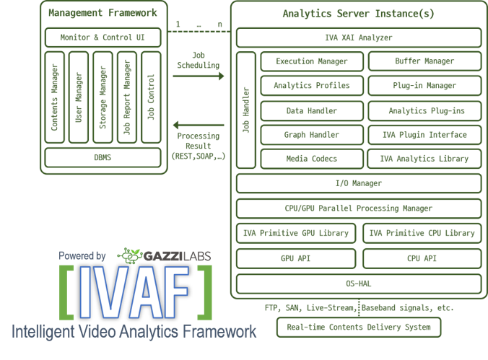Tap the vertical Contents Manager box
click(x=54, y=97)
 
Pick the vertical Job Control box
click(x=151, y=97)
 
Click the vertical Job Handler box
click(x=245, y=110)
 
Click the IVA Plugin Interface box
click(x=424, y=134)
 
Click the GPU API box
click(x=296, y=258)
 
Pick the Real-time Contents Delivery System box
click(x=358, y=327)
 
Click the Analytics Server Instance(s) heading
click(x=358, y=13)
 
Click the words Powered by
click(x=83, y=255)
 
